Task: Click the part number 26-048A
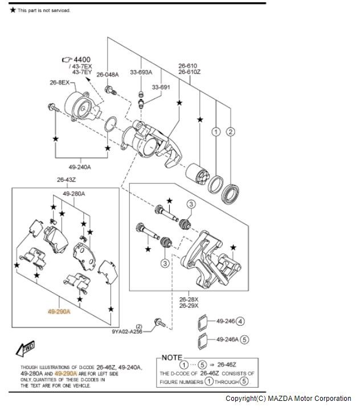tap(108, 75)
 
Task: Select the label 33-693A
tap(141, 72)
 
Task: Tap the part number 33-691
tap(161, 87)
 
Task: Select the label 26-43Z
tap(67, 181)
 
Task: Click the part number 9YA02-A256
tap(128, 331)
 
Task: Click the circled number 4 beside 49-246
tap(242, 321)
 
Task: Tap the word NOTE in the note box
tap(172, 358)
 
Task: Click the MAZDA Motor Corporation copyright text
tap(288, 399)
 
